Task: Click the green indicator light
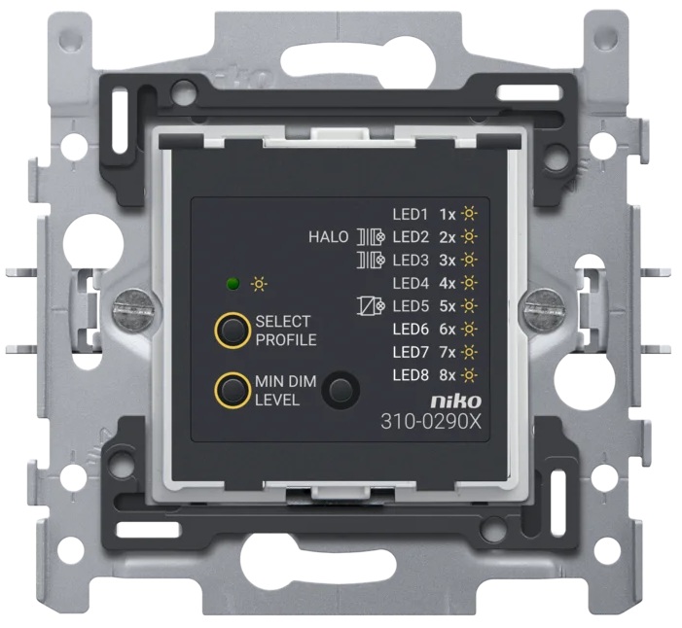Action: pos(233,284)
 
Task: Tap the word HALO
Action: pos(329,237)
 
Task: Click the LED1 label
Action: pos(411,214)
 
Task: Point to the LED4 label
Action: pos(411,283)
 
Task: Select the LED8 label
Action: pos(411,375)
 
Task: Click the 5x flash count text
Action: pos(448,306)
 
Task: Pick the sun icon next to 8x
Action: pos(469,375)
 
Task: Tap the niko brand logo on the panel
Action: pos(456,401)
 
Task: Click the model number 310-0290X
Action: pos(431,422)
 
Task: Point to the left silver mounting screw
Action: pos(134,308)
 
